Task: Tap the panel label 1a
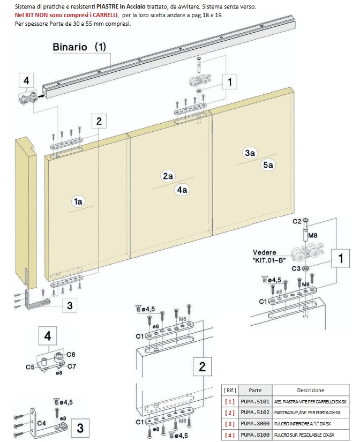point(78,201)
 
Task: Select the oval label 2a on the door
point(168,176)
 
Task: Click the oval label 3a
point(250,153)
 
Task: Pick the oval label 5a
point(268,166)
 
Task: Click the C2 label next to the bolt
point(296,221)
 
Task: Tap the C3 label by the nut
point(296,268)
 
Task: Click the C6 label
point(71,354)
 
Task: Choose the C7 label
point(71,366)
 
